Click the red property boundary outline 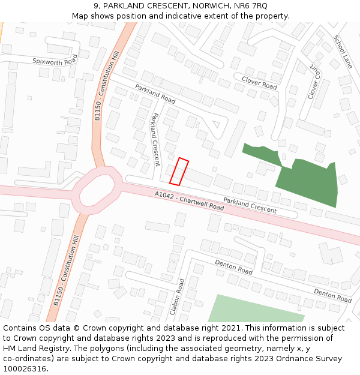coord(179,172)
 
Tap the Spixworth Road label coord(55,60)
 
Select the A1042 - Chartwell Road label coord(189,201)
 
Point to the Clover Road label coord(259,83)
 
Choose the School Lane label coord(343,52)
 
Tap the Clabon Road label coord(177,296)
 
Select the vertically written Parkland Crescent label coord(156,139)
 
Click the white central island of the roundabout coord(98,190)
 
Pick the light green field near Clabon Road coord(255,309)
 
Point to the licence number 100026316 coord(25,369)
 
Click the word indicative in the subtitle coord(217,16)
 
